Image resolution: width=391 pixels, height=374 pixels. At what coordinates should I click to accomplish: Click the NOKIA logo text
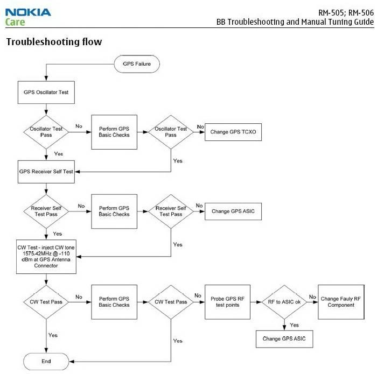(28, 11)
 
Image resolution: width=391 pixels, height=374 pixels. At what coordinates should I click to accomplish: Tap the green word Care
(15, 23)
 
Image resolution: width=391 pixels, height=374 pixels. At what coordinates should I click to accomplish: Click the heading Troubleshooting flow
(54, 41)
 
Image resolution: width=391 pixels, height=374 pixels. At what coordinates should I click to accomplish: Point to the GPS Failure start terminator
(137, 64)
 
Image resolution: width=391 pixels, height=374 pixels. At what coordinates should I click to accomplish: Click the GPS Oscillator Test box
(46, 92)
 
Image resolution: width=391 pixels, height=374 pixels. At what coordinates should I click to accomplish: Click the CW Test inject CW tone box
(46, 256)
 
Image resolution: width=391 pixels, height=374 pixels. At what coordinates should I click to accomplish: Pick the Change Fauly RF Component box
(337, 302)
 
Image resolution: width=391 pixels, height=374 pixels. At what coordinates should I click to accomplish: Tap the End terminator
(46, 361)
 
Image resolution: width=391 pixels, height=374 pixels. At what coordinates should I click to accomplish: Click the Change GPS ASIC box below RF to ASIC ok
(284, 339)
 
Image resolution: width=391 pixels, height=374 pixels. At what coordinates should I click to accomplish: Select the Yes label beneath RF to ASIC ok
(294, 325)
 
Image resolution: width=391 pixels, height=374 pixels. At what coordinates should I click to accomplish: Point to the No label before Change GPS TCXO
(200, 126)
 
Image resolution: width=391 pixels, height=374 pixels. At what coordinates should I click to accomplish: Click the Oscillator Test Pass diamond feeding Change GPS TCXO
(171, 132)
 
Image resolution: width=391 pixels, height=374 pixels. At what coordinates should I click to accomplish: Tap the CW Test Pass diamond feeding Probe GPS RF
(171, 302)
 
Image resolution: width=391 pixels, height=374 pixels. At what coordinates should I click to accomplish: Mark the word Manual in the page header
(309, 22)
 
